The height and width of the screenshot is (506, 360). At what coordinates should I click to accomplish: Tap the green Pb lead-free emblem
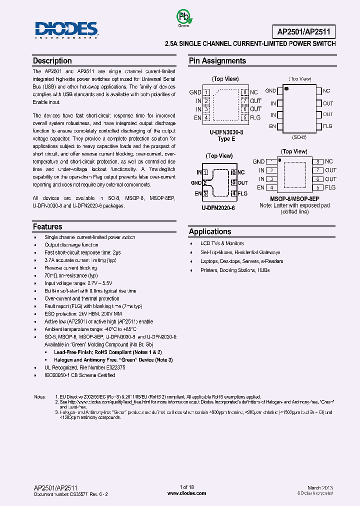pyautogui.click(x=183, y=18)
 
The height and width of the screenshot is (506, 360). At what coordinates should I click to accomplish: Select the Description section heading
pyautogui.click(x=52, y=61)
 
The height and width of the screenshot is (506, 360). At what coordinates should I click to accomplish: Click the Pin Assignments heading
pyautogui.click(x=217, y=61)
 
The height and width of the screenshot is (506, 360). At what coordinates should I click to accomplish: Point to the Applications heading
pyautogui.click(x=210, y=231)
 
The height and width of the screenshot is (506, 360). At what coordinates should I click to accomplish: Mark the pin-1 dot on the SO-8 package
pyautogui.click(x=287, y=88)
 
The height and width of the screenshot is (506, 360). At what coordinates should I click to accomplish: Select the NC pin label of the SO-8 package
pyautogui.click(x=326, y=91)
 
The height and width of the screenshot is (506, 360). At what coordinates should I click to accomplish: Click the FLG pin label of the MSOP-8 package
pyautogui.click(x=330, y=187)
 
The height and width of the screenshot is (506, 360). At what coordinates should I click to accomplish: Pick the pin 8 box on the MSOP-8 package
pyautogui.click(x=316, y=162)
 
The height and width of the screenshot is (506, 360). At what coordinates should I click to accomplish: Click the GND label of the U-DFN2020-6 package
pyautogui.click(x=196, y=183)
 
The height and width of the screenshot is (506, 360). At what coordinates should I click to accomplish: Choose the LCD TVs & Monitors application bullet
pyautogui.click(x=222, y=243)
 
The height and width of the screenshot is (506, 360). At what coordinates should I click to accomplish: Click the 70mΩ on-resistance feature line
pyautogui.click(x=71, y=275)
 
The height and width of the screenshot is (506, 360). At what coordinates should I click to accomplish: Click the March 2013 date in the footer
pyautogui.click(x=320, y=487)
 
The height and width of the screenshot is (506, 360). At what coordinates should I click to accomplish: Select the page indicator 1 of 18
pyautogui.click(x=186, y=487)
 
